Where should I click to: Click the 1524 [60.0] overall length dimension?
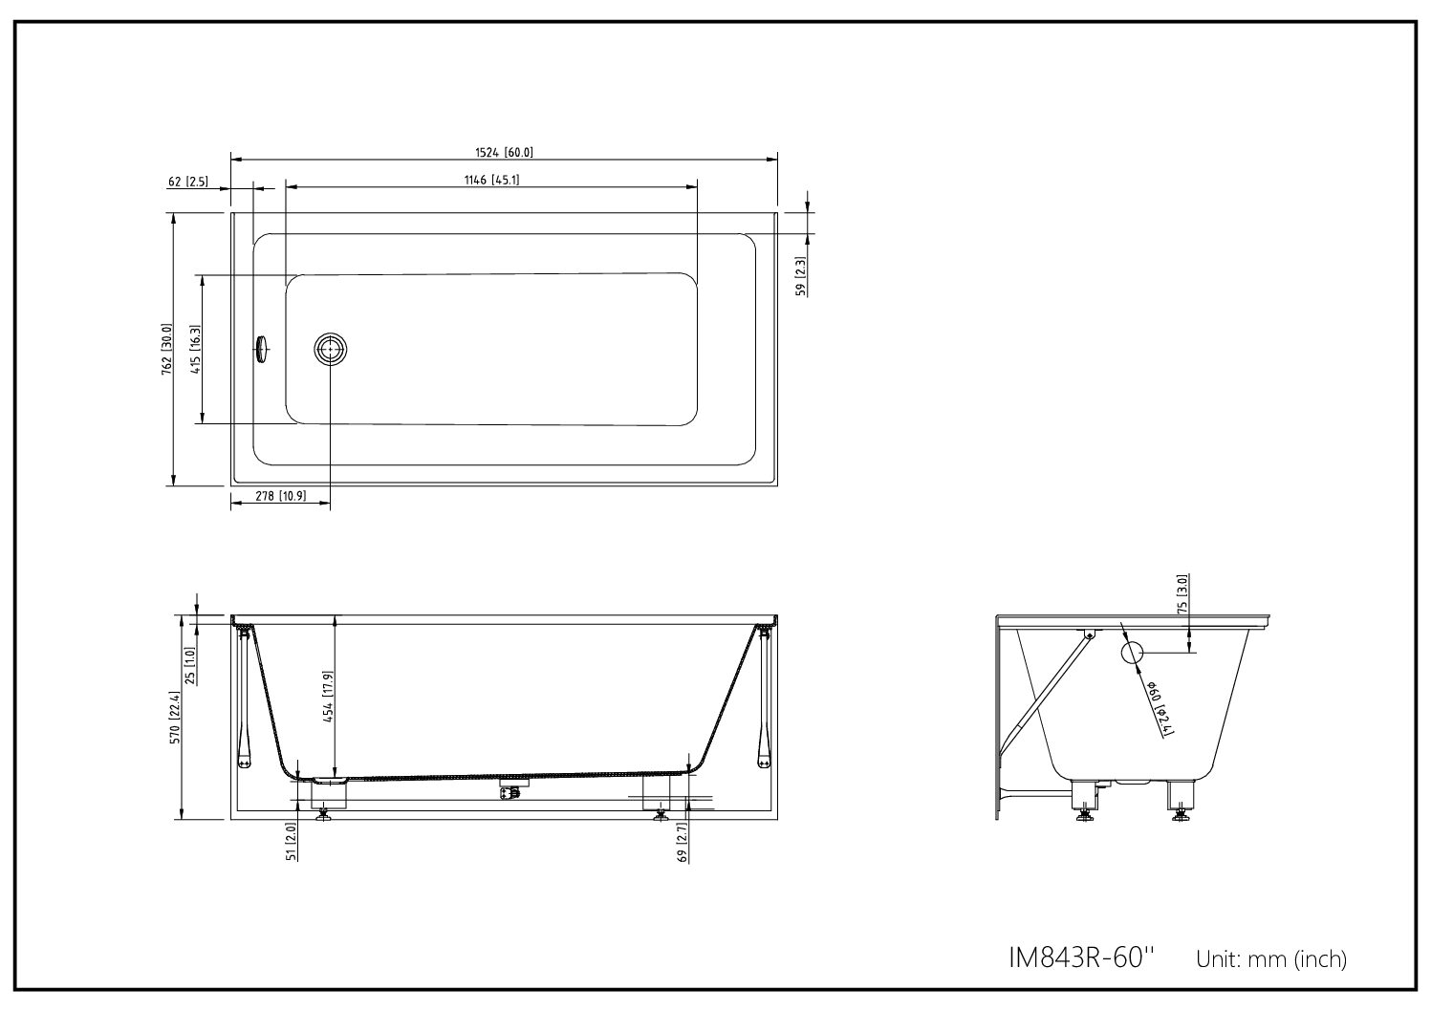coord(504,153)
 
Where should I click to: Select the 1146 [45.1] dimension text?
coord(492,180)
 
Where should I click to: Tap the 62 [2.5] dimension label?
coord(187,182)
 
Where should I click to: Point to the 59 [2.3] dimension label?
coord(800,276)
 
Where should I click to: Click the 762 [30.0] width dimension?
coord(166,349)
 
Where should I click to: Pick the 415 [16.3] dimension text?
coord(195,350)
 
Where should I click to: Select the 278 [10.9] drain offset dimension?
coord(280,496)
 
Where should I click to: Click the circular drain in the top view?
coord(331,350)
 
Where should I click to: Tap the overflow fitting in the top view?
coord(261,350)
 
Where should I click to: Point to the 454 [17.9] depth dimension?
coord(329,697)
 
